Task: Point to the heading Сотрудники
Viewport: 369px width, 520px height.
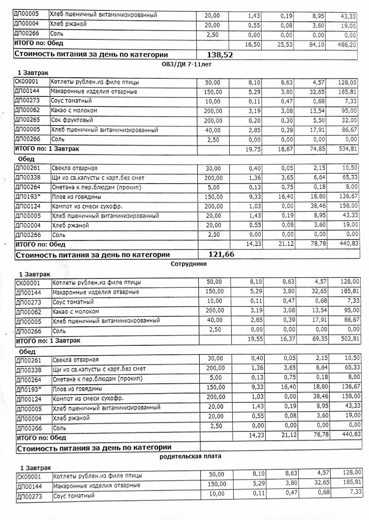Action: coord(188,264)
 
